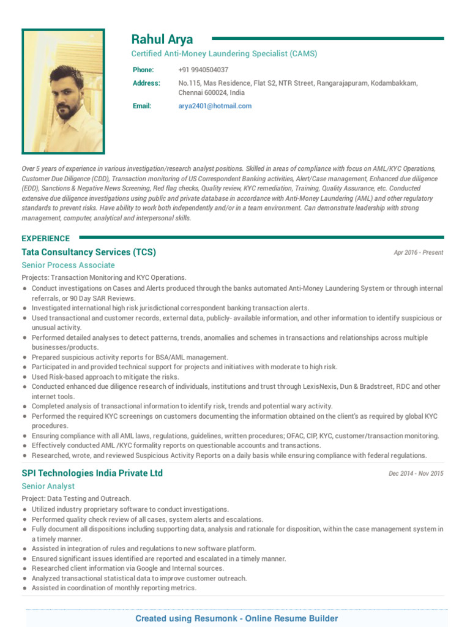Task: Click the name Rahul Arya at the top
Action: pos(162,40)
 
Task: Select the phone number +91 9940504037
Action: pos(203,70)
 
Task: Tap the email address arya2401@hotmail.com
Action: pos(215,106)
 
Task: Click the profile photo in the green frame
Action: pos(64,91)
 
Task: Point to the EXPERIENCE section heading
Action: pos(46,238)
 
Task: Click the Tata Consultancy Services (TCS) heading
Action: pos(89,252)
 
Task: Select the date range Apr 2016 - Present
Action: pos(419,252)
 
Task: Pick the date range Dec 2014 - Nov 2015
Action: pos(416,473)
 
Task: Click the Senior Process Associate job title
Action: pos(68,265)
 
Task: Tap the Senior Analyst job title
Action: pos(48,486)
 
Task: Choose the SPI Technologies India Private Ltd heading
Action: pos(92,473)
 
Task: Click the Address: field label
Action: pos(146,83)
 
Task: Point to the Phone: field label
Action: pos(143,70)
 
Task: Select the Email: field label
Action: pos(142,106)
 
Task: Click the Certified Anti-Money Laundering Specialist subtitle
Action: pos(224,54)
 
